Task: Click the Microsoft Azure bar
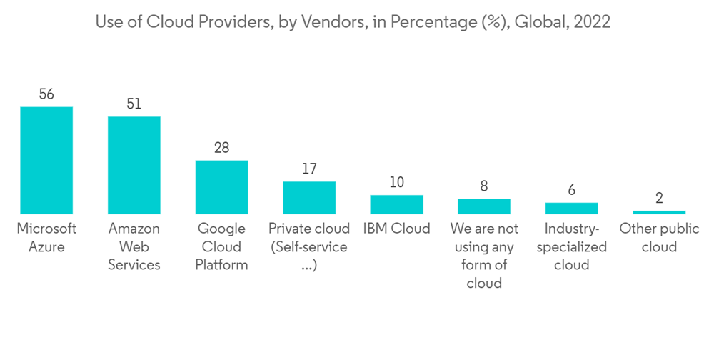click(x=46, y=160)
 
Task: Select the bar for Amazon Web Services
click(x=134, y=165)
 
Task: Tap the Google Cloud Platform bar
click(x=222, y=187)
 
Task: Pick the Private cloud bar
click(x=309, y=198)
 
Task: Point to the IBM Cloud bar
click(x=397, y=204)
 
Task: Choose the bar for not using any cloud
click(x=484, y=206)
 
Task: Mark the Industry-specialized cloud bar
click(x=572, y=208)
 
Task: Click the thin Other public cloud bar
click(x=659, y=212)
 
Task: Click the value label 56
click(x=46, y=94)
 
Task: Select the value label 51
click(x=134, y=104)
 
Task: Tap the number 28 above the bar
click(x=222, y=148)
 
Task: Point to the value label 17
click(x=309, y=169)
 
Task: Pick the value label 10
click(x=397, y=183)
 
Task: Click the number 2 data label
click(x=659, y=198)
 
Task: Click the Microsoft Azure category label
click(x=46, y=238)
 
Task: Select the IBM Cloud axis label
click(x=397, y=229)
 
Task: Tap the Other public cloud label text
click(x=659, y=238)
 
